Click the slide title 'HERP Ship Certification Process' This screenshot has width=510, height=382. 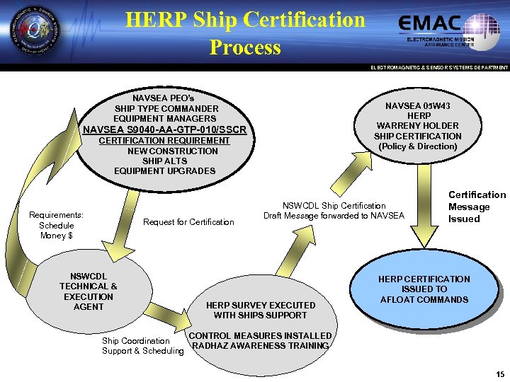pos(245,33)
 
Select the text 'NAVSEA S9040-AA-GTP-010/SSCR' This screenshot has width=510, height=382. pos(165,129)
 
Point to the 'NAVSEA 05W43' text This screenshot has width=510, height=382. pos(418,105)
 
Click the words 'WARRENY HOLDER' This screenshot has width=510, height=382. pos(418,126)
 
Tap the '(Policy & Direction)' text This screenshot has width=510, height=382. pos(418,146)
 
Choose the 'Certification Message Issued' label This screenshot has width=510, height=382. pos(477,207)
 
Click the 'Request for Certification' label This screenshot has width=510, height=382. pos(188,222)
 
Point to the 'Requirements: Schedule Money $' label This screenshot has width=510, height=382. pos(57,225)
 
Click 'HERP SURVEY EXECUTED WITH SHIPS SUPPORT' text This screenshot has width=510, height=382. pos(260,310)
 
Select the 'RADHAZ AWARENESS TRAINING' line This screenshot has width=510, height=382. pos(261,345)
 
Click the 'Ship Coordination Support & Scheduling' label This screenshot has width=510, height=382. pos(142,346)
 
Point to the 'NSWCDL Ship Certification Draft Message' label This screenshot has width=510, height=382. pos(334,210)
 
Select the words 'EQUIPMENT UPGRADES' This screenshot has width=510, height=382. pos(164,171)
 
